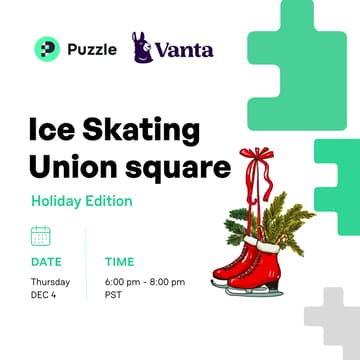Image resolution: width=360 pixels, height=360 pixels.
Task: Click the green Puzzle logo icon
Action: pos(46,47)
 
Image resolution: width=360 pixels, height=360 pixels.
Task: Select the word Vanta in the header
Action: pos(185,48)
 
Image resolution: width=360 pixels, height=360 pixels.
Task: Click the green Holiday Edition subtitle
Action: pos(81,200)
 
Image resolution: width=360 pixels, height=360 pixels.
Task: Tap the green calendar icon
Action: pos(41,235)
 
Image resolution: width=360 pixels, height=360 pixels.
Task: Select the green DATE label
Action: pos(46,262)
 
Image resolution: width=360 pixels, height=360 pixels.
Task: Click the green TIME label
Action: pos(120,262)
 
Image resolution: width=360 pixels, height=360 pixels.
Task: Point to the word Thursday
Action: pos(50,282)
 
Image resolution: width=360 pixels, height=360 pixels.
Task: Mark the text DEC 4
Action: pos(44,296)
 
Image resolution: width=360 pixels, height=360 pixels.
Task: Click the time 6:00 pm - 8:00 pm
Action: pos(145,282)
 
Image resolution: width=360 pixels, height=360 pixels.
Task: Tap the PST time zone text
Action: pos(113,296)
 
